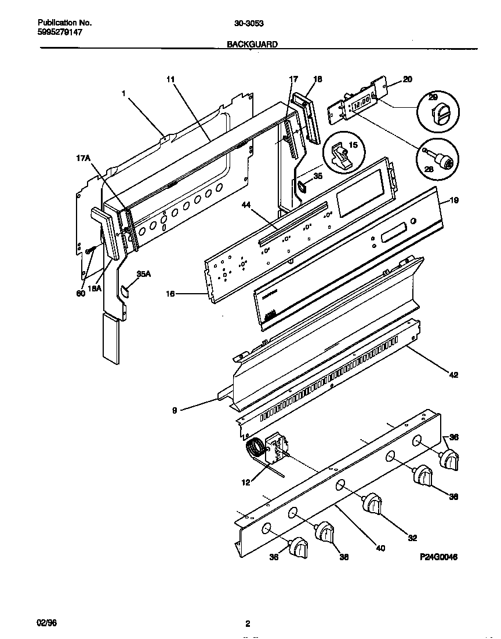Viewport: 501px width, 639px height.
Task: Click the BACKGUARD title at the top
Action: tap(252, 44)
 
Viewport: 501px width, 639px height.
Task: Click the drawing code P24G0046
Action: tap(438, 557)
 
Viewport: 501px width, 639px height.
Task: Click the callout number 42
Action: tap(453, 375)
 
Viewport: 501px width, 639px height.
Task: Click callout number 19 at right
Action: tap(454, 200)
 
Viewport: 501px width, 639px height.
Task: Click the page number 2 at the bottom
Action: tap(248, 624)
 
